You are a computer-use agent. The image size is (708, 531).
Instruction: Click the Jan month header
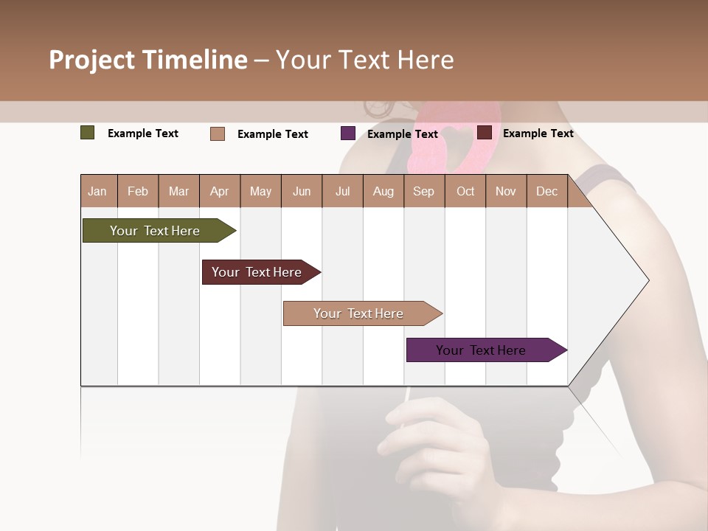tap(98, 191)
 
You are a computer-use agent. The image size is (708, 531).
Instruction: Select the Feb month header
tap(138, 191)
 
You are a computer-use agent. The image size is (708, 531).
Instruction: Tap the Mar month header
tap(178, 191)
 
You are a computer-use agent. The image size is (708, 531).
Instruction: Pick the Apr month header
tap(220, 191)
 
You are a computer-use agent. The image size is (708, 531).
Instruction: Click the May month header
tap(260, 191)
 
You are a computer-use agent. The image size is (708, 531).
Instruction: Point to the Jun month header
tap(302, 191)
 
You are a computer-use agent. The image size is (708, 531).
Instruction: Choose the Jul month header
tap(342, 191)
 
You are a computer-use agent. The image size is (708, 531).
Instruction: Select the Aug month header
tap(383, 191)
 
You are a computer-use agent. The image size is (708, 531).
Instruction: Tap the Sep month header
tap(424, 191)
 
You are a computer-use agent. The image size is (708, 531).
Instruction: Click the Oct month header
tap(465, 191)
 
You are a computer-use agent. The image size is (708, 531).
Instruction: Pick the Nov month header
tap(506, 191)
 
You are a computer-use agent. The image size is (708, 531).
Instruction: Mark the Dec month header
tap(546, 191)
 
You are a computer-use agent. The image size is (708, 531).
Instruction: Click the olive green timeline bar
tap(156, 231)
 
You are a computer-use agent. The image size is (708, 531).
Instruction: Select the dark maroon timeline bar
tap(257, 272)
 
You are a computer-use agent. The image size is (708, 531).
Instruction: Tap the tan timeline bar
tap(359, 313)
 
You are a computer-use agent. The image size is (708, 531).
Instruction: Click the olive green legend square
tap(88, 133)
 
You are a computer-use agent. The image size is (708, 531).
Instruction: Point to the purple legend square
tap(348, 133)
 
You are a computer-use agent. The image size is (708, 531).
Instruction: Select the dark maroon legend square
tap(485, 133)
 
